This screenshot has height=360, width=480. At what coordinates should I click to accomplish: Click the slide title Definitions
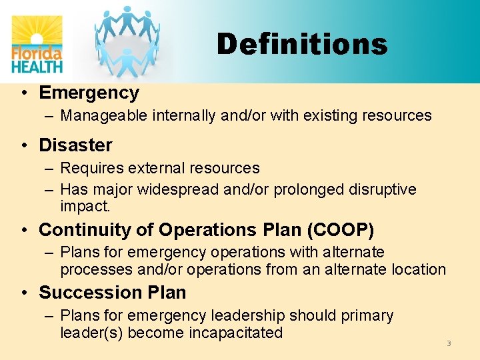(x=301, y=45)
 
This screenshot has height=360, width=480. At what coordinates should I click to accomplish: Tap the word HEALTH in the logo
(x=37, y=65)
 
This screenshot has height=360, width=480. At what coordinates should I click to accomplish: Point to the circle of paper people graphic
(x=127, y=40)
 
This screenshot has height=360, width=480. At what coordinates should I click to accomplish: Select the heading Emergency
(x=89, y=93)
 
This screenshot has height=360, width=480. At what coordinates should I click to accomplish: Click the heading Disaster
(x=75, y=145)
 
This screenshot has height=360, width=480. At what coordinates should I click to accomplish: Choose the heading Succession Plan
(x=112, y=293)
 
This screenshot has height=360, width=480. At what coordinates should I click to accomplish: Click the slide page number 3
(x=449, y=343)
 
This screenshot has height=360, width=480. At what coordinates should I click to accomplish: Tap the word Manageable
(x=104, y=116)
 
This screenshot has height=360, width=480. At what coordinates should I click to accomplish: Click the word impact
(x=85, y=206)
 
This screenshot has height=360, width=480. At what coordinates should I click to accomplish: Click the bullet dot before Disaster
(x=24, y=145)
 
